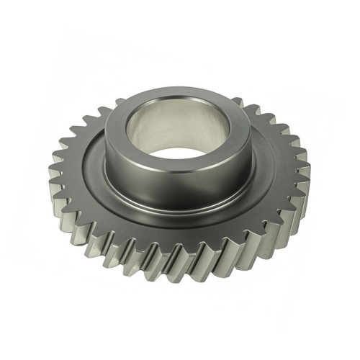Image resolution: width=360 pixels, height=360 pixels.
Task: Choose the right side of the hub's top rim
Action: tap(244, 130)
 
